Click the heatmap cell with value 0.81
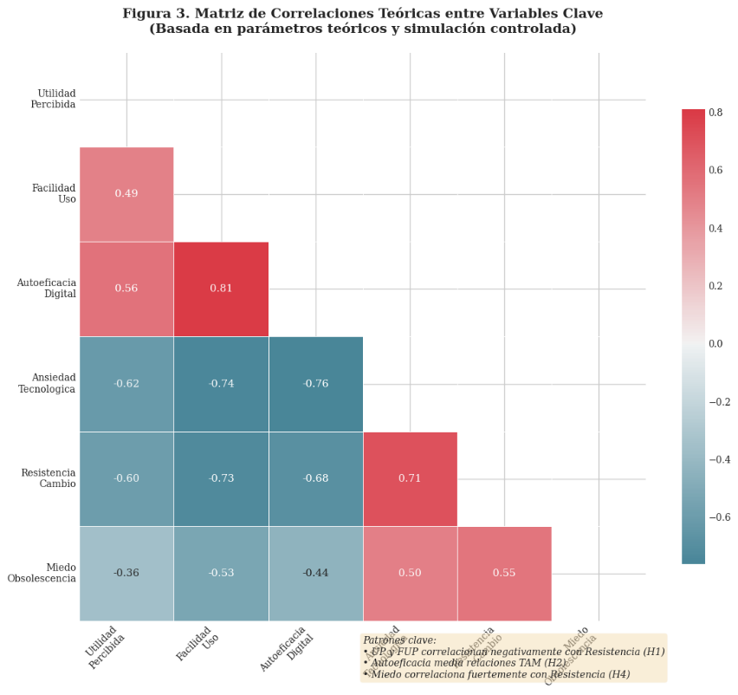coord(221,289)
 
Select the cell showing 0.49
coord(126,193)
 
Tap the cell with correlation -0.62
coord(126,384)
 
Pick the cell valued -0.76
coord(315,384)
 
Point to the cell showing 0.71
coord(410,478)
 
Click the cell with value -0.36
coord(126,573)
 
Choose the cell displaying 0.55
coord(504,573)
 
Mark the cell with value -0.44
coord(315,573)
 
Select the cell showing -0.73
coord(221,478)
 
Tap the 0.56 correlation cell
coord(126,289)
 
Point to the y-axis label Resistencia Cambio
coord(49,478)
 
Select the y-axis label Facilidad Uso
coord(54,193)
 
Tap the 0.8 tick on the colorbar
coord(716,113)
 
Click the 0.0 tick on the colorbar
coord(716,344)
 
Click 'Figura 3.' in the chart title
coord(152,14)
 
